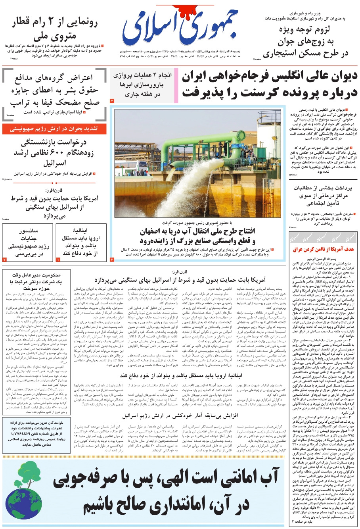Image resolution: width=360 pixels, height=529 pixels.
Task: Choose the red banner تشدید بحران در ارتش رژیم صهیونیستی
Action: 54,129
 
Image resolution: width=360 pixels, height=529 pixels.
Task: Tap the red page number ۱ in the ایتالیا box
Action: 58,260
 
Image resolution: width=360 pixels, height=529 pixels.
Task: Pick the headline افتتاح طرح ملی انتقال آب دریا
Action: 197,237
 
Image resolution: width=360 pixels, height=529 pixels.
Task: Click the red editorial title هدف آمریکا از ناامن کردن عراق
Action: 323,250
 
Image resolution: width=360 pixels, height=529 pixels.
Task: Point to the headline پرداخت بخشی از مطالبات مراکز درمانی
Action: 323,195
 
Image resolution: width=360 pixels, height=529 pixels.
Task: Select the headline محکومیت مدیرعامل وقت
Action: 36,282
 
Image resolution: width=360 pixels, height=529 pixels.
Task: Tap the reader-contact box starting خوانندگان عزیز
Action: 36,434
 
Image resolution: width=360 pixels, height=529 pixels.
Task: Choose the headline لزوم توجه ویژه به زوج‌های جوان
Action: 305,42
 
